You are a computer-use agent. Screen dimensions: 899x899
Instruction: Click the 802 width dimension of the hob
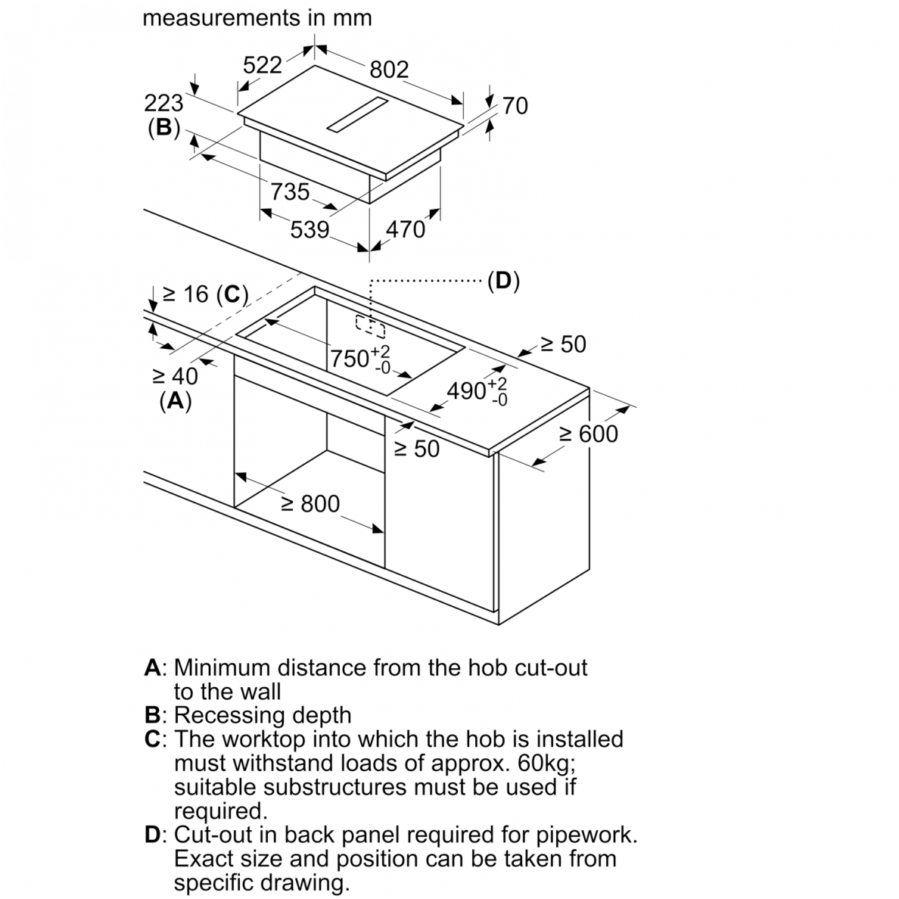pos(389,70)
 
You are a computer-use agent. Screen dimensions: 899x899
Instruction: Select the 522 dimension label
pos(263,65)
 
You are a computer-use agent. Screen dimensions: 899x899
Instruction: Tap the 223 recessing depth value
pos(163,103)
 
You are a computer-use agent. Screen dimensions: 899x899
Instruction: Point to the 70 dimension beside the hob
pos(515,106)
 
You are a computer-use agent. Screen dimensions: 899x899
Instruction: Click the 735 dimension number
pos(290,191)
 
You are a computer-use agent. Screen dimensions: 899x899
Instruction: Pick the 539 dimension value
pos(310,230)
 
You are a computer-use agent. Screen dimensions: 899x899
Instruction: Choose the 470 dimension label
pos(406,229)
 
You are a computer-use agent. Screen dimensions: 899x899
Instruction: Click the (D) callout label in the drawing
pos(503,281)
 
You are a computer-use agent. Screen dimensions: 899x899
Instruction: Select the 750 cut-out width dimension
pos(359,359)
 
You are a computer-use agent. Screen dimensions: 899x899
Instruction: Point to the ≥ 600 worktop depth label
pos(589,434)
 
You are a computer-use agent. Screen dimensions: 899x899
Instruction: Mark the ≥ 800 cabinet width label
pos(310,504)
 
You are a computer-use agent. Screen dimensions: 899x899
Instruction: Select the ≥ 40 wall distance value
pos(175,376)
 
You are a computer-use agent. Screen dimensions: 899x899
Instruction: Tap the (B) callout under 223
pos(164,127)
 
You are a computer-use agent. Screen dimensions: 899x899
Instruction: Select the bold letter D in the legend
pos(153,835)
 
